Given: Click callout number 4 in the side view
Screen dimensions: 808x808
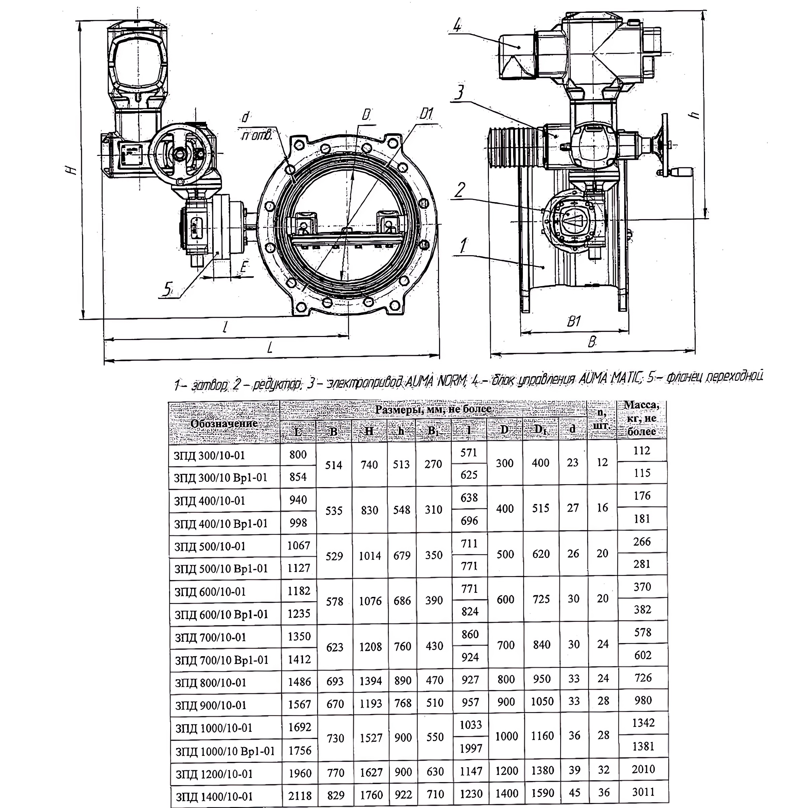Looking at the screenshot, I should click(x=457, y=26).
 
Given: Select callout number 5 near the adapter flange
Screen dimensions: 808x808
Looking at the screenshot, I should click(x=168, y=289).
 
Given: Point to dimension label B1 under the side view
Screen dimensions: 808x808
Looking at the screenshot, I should click(x=574, y=321).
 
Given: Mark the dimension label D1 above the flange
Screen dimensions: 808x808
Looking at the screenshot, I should click(x=427, y=114).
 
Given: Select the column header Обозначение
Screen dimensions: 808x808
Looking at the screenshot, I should click(x=224, y=423).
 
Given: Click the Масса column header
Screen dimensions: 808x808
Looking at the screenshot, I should click(x=642, y=418).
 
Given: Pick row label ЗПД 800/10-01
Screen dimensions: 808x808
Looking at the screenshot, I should click(x=211, y=682).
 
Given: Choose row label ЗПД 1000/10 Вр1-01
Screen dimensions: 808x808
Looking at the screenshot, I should click(x=225, y=751).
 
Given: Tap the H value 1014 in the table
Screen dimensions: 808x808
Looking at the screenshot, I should click(x=370, y=556).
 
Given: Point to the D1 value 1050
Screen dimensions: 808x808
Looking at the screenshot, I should click(x=542, y=702).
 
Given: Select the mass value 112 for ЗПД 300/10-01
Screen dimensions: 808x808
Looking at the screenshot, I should click(x=642, y=450).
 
